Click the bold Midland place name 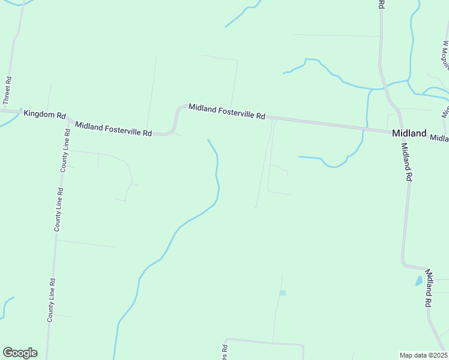coord(409,133)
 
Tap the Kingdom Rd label coord(44,114)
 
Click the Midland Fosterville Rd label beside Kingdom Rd coord(113,128)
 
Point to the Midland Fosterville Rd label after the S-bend coord(226,111)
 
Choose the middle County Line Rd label coord(59,209)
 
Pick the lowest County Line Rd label coord(52,300)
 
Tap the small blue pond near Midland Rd coord(418,280)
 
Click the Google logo coord(20,352)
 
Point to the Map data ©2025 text coord(423,355)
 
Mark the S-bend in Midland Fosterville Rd coord(175,120)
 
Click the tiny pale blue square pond coord(283,293)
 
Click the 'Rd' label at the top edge coord(381,4)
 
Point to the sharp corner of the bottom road coord(303,346)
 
